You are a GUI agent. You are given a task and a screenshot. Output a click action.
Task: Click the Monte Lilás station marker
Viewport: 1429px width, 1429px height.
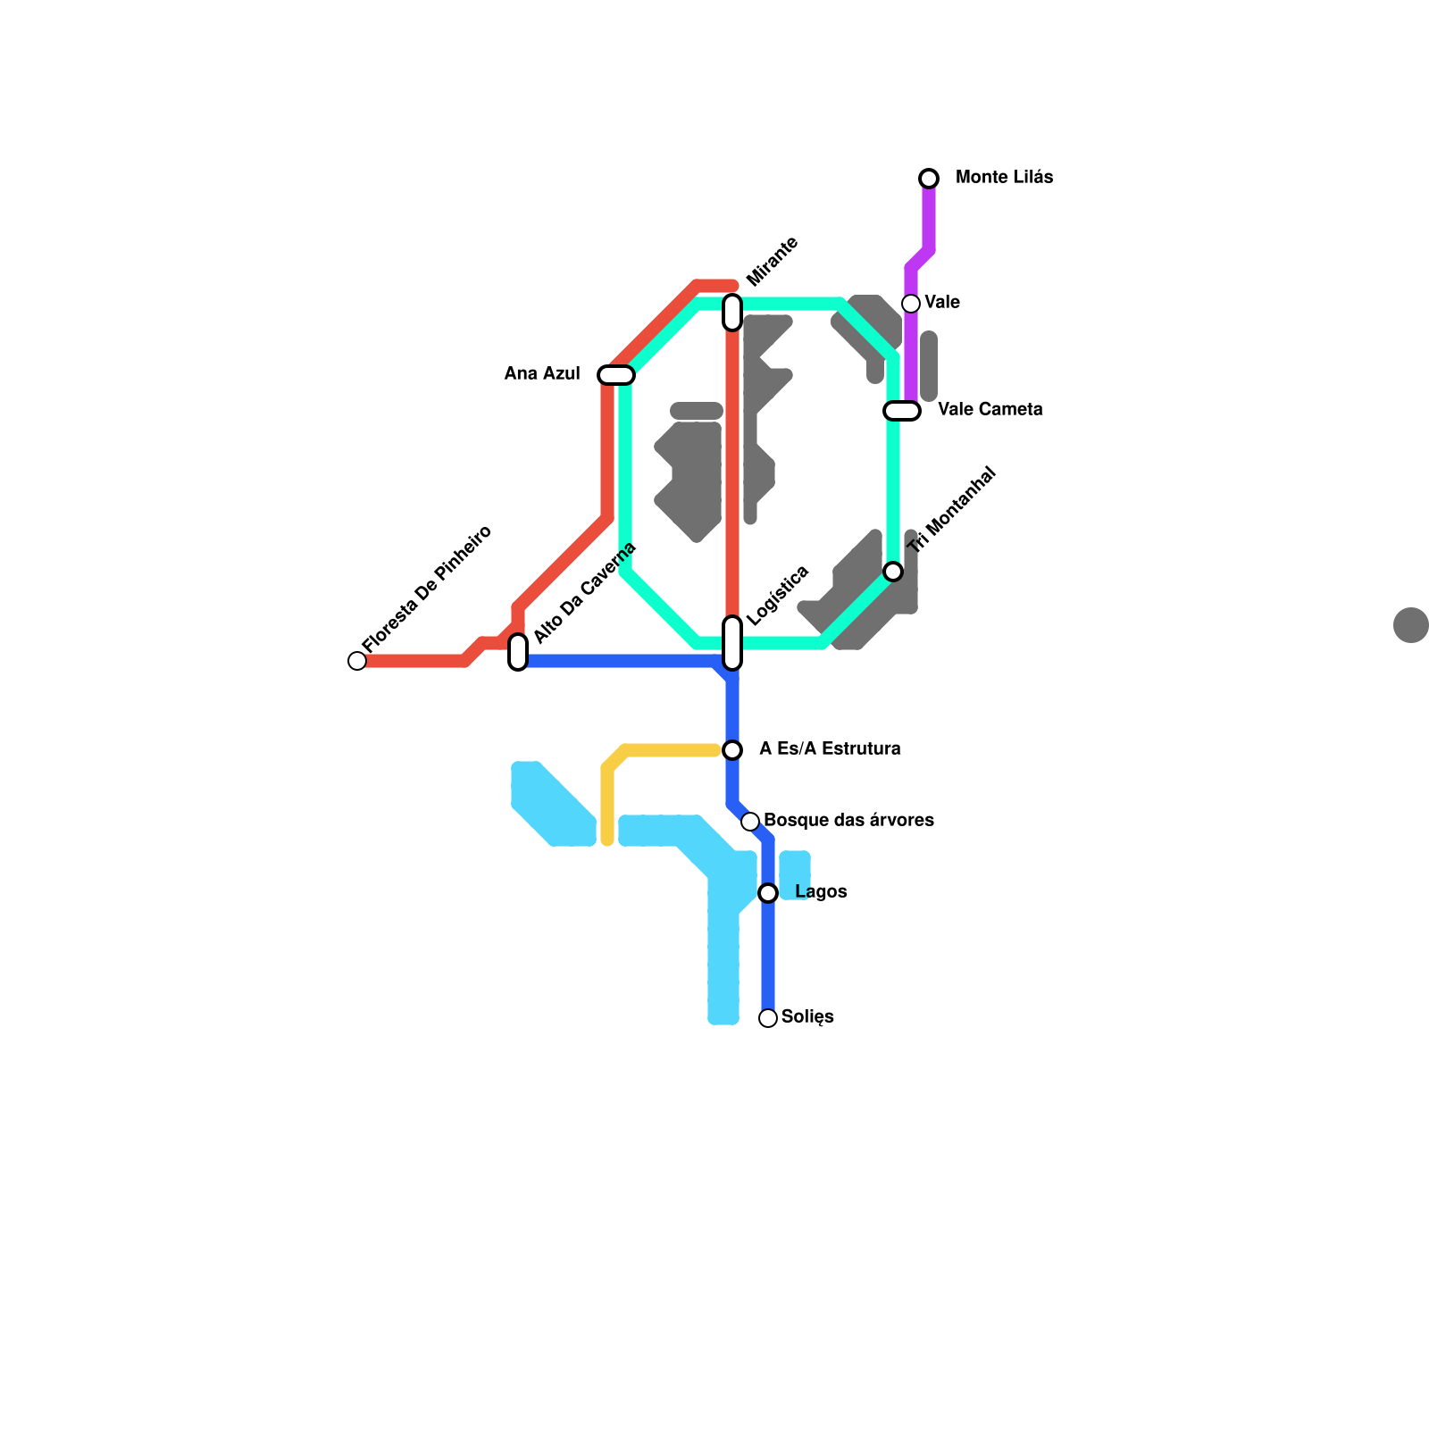click(x=929, y=179)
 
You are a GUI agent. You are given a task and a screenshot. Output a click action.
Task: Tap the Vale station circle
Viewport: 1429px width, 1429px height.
click(x=911, y=304)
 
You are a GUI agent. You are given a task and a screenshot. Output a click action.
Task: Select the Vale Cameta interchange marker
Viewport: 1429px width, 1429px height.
click(x=902, y=411)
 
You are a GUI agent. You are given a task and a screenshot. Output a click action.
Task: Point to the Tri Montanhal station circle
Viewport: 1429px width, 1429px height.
click(x=893, y=572)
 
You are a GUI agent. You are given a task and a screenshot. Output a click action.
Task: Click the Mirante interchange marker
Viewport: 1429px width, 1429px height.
click(x=732, y=312)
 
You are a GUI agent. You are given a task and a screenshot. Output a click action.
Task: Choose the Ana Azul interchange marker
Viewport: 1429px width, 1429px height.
click(x=616, y=375)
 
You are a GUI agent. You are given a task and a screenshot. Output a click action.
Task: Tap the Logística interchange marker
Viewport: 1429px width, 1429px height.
click(x=732, y=642)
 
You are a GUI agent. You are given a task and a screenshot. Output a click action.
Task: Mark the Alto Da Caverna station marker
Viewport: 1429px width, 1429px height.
click(x=518, y=651)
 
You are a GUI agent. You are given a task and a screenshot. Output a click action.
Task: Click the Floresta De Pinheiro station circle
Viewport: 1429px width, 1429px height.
click(x=357, y=661)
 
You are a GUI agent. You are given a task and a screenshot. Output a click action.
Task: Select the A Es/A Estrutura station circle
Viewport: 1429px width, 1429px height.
click(x=732, y=749)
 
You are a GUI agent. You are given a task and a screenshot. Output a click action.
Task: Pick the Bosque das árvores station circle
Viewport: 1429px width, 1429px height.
click(x=750, y=821)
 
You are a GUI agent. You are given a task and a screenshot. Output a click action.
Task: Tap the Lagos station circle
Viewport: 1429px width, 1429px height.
click(x=768, y=893)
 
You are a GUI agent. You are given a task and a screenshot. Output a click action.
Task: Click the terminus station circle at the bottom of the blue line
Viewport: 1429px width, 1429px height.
click(x=768, y=1018)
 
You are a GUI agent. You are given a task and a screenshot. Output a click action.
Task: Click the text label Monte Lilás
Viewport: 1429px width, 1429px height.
click(x=1004, y=178)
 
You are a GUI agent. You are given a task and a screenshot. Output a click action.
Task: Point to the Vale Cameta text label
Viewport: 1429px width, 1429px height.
click(x=990, y=410)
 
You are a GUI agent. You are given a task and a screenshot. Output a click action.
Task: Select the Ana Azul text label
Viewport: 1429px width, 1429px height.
click(x=542, y=374)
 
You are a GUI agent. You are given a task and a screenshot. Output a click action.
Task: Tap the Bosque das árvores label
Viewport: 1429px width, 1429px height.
click(x=848, y=821)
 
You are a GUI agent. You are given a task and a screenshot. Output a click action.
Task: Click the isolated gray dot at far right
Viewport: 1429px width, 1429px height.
click(x=1410, y=625)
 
